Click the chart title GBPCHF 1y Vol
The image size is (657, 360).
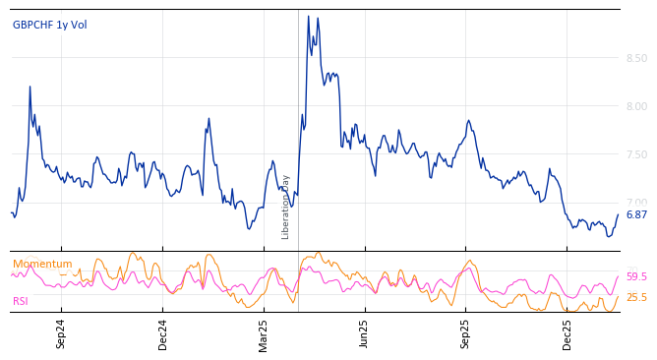tap(49, 25)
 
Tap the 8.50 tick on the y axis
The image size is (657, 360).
tap(635, 59)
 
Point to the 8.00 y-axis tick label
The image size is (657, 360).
tap(635, 107)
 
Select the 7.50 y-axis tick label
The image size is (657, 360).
tap(635, 155)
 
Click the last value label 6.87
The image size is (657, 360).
tap(636, 214)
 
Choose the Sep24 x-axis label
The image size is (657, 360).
tap(61, 333)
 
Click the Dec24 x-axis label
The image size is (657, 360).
tap(163, 333)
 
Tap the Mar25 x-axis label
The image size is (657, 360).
tap(264, 333)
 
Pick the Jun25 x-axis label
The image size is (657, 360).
tap(364, 333)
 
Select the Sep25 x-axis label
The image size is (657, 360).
tap(465, 333)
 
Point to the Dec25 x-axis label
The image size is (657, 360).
tap(567, 333)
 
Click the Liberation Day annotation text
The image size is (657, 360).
tap(286, 207)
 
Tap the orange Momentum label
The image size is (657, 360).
tap(42, 264)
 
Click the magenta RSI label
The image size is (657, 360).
tap(21, 301)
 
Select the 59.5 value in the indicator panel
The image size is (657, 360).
tap(636, 277)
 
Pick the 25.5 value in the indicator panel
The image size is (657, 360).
tap(636, 297)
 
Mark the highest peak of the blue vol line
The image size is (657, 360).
tap(308, 17)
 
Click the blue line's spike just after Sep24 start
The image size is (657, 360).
tap(30, 87)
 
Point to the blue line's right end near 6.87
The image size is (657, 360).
tap(618, 214)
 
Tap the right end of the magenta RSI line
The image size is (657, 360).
tap(618, 276)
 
